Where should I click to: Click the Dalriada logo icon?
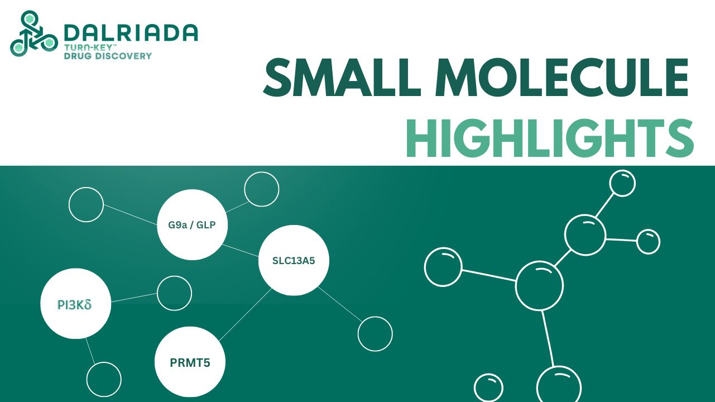pyautogui.click(x=33, y=35)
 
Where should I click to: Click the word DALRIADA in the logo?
pyautogui.click(x=131, y=32)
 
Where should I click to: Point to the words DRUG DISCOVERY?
pyautogui.click(x=108, y=56)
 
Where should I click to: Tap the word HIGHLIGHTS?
pyautogui.click(x=550, y=139)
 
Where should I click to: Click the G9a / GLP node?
pyautogui.click(x=192, y=226)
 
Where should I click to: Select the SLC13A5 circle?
pyautogui.click(x=294, y=260)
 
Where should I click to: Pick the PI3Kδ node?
pyautogui.click(x=75, y=304)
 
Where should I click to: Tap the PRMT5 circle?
pyautogui.click(x=189, y=362)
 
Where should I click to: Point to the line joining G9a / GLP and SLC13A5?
pyautogui.click(x=240, y=251)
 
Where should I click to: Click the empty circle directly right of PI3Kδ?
pyautogui.click(x=174, y=293)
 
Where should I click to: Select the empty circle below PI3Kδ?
pyautogui.click(x=104, y=379)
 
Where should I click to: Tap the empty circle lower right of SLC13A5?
pyautogui.click(x=375, y=334)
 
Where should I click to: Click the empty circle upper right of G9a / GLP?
pyautogui.click(x=261, y=189)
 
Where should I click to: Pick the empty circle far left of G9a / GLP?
pyautogui.click(x=86, y=204)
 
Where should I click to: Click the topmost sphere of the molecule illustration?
pyautogui.click(x=622, y=183)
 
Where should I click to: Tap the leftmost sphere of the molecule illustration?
pyautogui.click(x=443, y=266)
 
